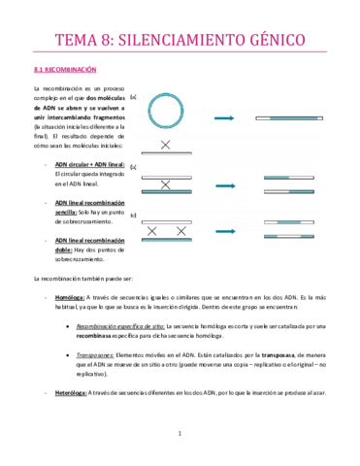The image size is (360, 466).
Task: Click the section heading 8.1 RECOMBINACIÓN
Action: pos(60,70)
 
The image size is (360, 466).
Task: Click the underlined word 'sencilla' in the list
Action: pos(71,212)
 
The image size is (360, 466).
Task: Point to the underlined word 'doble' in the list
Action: pos(67,250)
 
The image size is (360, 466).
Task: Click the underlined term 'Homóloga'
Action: pos(69,297)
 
